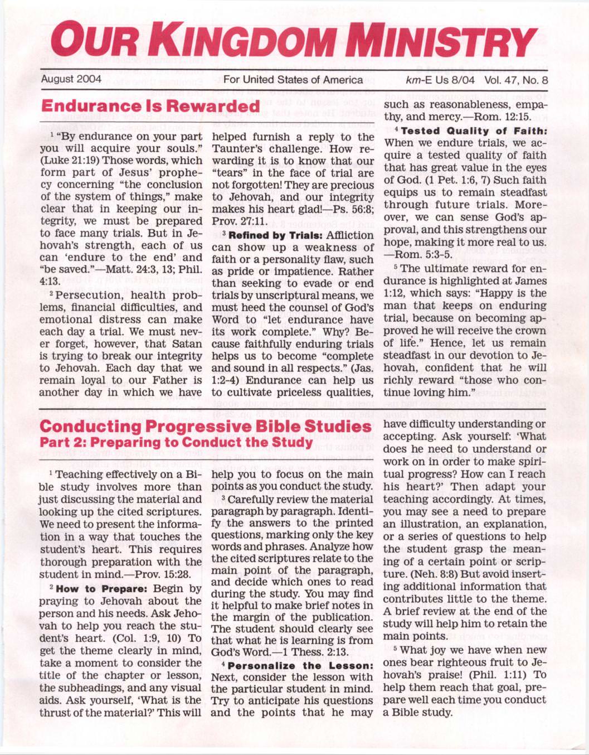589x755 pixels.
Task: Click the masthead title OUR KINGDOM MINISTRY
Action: coord(294,42)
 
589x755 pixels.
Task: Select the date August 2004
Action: coord(71,79)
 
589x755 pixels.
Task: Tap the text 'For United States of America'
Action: coord(293,80)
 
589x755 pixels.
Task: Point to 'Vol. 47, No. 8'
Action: coord(516,80)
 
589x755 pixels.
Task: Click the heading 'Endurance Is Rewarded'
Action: coord(150,106)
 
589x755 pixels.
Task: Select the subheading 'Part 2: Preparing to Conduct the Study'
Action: coord(176,443)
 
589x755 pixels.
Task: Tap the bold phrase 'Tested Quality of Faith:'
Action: coord(474,131)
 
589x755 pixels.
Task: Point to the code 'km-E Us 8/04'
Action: coord(440,80)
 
